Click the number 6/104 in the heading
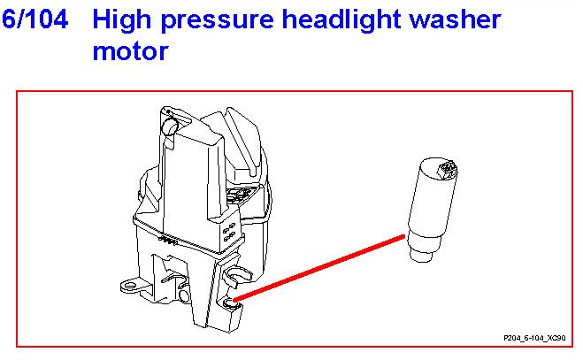point(35,19)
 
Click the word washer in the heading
point(461,19)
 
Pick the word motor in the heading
point(129,50)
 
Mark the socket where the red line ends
point(233,304)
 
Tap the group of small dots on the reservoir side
point(229,232)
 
